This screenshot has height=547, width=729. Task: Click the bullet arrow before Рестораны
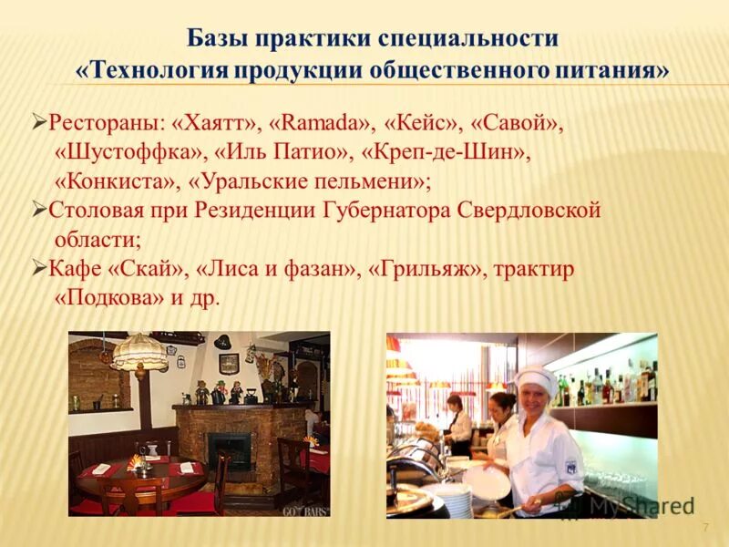pyautogui.click(x=39, y=121)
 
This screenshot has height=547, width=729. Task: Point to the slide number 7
pyautogui.click(x=704, y=529)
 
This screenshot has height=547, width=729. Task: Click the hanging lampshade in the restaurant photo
pyautogui.click(x=139, y=352)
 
